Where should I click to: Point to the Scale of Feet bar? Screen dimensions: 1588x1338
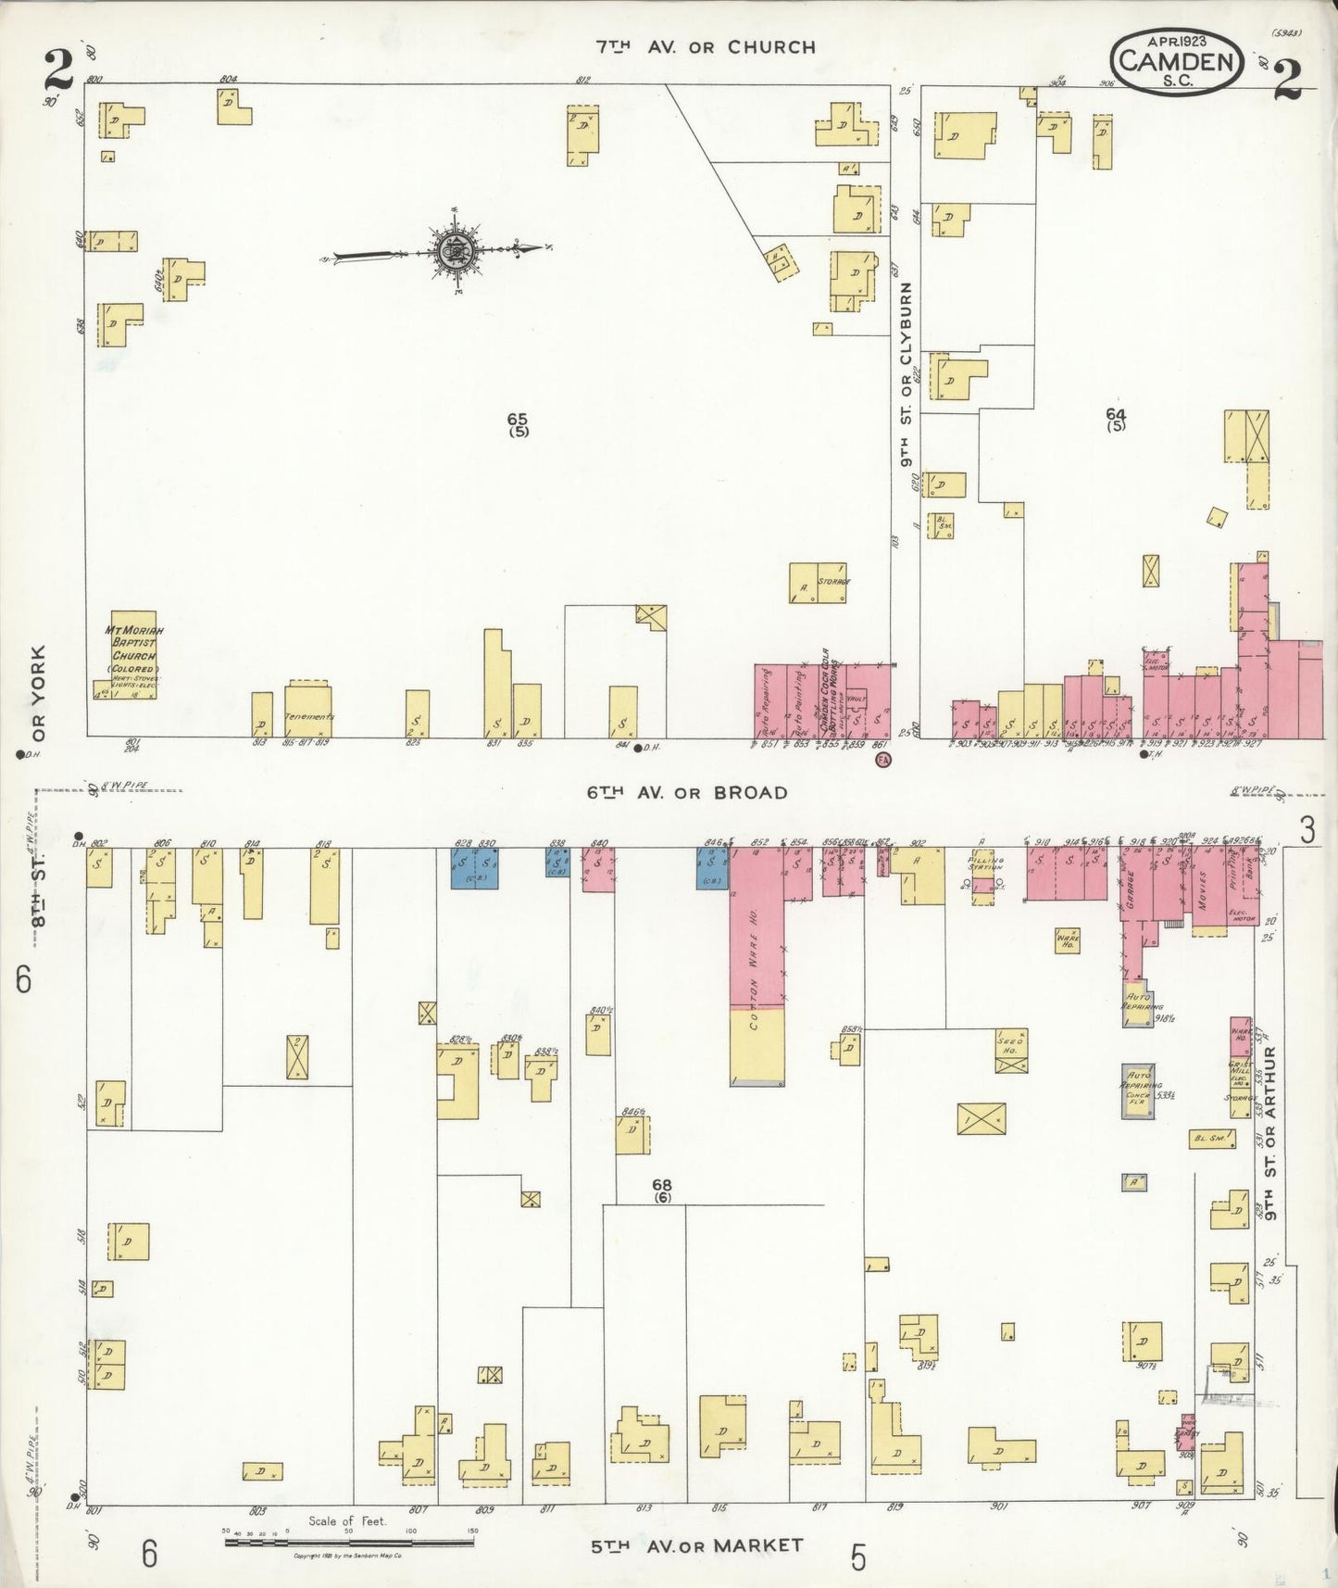pyautogui.click(x=349, y=1543)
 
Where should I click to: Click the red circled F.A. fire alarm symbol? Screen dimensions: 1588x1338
pyautogui.click(x=883, y=761)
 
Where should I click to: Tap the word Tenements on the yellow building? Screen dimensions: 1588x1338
pyautogui.click(x=308, y=717)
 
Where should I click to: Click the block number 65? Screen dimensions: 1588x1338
pyautogui.click(x=518, y=419)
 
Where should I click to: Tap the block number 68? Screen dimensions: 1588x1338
pyautogui.click(x=661, y=1185)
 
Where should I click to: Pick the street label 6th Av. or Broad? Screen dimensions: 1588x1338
pyautogui.click(x=686, y=793)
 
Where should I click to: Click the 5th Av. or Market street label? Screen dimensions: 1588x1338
pyautogui.click(x=696, y=1545)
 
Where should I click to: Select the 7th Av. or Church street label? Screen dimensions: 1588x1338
pyautogui.click(x=706, y=47)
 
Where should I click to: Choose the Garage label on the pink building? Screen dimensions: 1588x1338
pyautogui.click(x=1131, y=893)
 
